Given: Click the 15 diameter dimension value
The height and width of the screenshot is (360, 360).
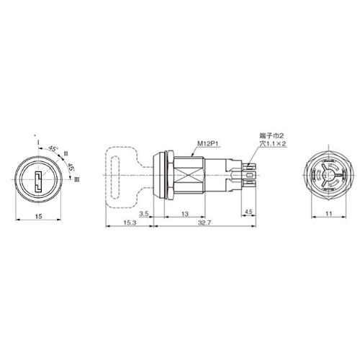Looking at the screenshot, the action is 39,216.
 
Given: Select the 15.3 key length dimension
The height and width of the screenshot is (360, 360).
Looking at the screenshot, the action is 130,222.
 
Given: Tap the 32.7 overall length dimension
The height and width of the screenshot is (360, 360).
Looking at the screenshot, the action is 204,222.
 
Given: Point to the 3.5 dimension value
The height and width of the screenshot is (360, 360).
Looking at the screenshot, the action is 144,214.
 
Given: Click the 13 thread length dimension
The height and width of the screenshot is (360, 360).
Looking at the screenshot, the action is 185,214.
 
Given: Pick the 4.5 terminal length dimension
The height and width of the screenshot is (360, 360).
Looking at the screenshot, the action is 248,212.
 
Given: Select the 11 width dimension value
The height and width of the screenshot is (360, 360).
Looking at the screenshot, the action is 329,214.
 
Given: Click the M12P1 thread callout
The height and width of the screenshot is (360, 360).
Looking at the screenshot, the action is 207,143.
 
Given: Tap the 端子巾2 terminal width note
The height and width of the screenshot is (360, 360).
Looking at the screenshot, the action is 271,136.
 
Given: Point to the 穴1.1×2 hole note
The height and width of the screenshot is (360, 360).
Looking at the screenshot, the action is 273,144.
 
